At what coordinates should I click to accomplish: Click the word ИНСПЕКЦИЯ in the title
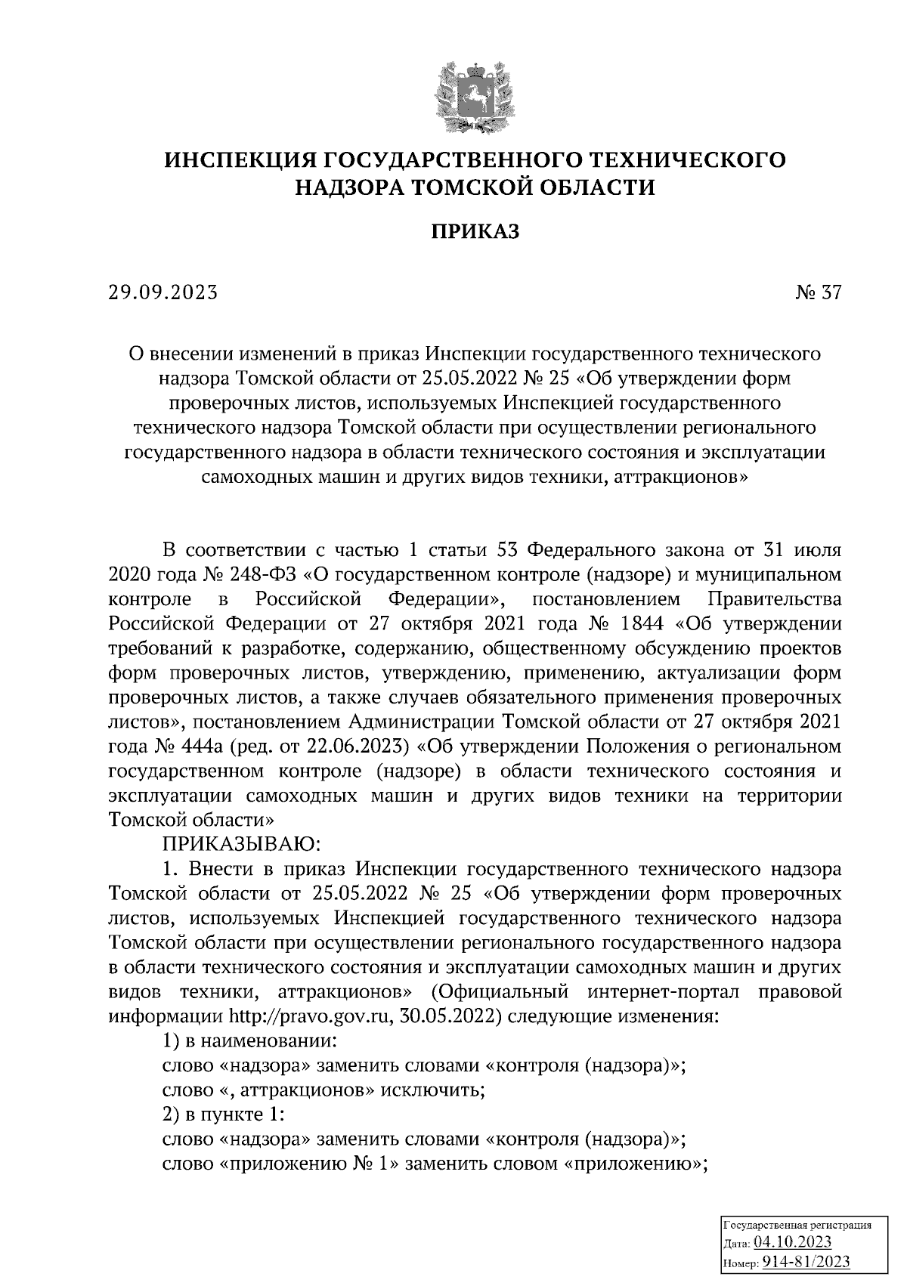pos(243,159)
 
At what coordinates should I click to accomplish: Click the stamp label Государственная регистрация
pos(798,1224)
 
